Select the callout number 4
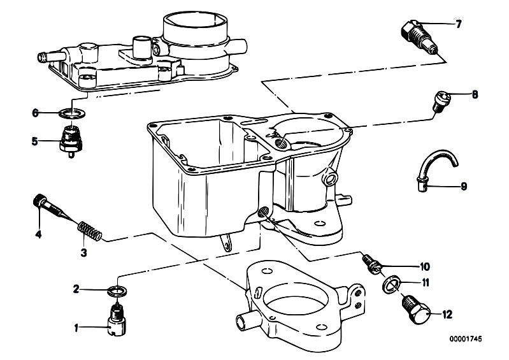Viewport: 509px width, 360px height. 38,234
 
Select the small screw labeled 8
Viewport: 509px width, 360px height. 440,101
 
